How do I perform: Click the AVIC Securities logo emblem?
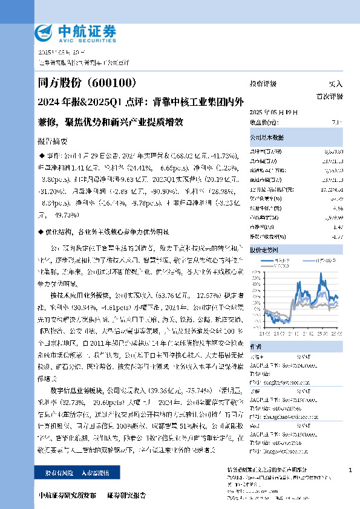pos(44,31)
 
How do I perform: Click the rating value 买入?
pos(335,84)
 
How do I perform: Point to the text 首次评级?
pos(330,96)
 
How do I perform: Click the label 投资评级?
pos(263,84)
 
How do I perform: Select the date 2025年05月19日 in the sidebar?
pos(273,112)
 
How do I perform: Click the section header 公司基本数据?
pos(267,138)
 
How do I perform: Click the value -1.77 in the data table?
pos(337,236)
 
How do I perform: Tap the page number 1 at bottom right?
pos(351,470)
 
